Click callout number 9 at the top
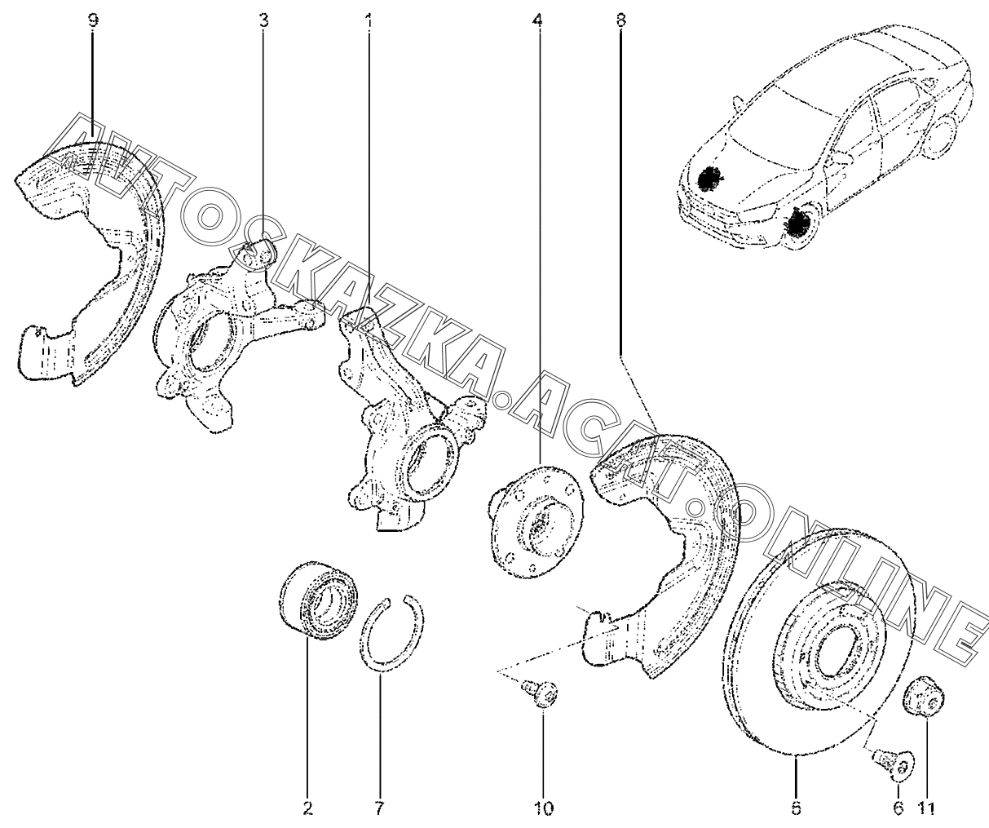(x=92, y=20)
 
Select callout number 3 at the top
(x=263, y=20)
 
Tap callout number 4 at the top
(x=536, y=20)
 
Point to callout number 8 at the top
(x=621, y=20)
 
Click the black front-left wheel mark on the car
(x=709, y=179)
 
